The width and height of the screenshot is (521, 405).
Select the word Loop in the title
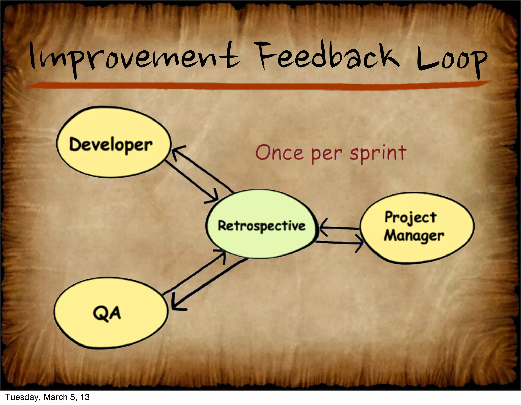pyautogui.click(x=452, y=60)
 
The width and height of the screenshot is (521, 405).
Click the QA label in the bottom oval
pyautogui.click(x=107, y=313)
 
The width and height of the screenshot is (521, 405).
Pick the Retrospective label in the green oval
pyautogui.click(x=261, y=226)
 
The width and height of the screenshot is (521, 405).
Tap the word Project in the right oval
pyautogui.click(x=410, y=217)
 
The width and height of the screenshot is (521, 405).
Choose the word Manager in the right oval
pyautogui.click(x=414, y=236)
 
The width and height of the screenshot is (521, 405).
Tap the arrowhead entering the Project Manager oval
pyautogui.click(x=361, y=243)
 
